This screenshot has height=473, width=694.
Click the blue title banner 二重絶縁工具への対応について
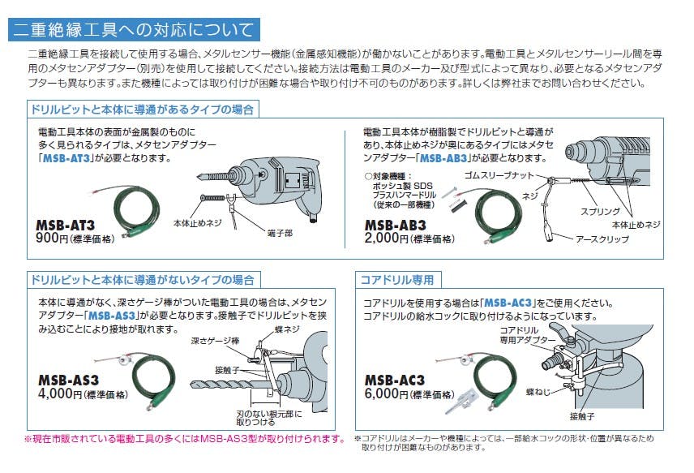(x=134, y=30)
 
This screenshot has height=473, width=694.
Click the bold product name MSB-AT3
(x=65, y=225)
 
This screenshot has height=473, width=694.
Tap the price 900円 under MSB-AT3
(x=52, y=238)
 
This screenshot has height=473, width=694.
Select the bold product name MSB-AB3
(x=396, y=225)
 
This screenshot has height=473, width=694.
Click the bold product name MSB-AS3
(x=69, y=380)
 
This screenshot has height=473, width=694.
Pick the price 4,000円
(x=60, y=393)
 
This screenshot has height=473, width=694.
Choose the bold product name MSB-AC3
(x=395, y=380)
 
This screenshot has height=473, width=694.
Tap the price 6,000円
(x=386, y=393)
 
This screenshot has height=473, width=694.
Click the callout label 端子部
(x=280, y=233)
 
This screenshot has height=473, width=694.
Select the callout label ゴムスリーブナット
(x=499, y=175)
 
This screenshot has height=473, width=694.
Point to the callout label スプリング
(x=600, y=211)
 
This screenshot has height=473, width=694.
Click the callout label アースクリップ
(x=602, y=239)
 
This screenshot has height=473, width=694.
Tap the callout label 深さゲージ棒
(x=215, y=341)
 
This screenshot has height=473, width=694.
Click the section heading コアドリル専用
(x=397, y=280)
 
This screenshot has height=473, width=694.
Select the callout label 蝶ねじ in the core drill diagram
(x=538, y=392)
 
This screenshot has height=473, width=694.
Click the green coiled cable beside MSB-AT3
(x=136, y=210)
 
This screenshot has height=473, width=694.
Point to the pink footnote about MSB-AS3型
(x=184, y=439)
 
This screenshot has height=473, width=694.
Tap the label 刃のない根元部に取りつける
(x=269, y=418)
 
